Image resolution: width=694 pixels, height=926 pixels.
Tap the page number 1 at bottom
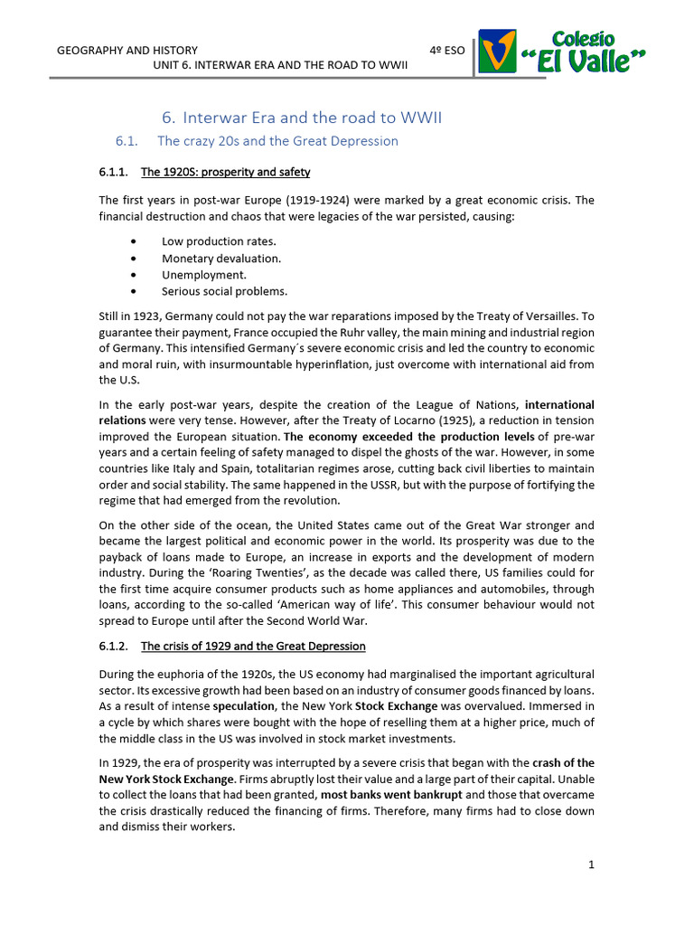[591, 865]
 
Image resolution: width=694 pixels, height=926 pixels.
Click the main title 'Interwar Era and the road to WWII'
[302, 118]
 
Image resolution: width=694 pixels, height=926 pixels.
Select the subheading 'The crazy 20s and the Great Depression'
[277, 141]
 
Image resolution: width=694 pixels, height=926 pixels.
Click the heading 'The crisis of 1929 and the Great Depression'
[253, 646]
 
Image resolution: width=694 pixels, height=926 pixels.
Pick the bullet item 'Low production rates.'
[219, 241]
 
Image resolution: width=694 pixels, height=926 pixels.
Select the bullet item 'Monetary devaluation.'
[221, 258]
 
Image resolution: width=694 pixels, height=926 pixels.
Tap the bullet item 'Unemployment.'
[203, 274]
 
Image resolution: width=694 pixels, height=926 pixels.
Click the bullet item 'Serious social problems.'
[224, 291]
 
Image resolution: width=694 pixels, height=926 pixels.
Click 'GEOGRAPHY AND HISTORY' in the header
[127, 50]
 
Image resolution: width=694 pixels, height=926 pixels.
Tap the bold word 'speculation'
[244, 705]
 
